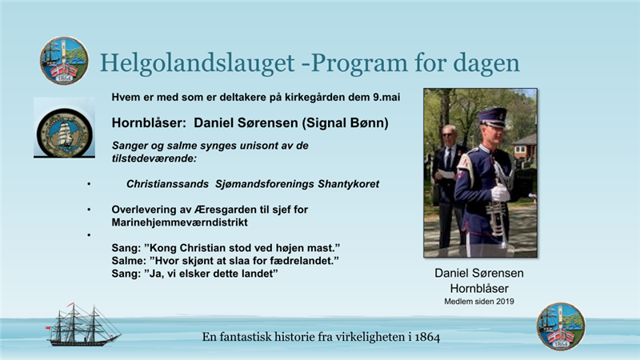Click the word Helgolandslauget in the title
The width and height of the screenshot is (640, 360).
coord(197,63)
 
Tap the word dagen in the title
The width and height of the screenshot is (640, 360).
coord(486,64)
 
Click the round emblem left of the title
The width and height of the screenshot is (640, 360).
coord(64,61)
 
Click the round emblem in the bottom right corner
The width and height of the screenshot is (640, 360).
coord(561,326)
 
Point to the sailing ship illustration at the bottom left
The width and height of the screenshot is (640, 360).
coord(83,325)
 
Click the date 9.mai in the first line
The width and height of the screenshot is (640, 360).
coord(386,97)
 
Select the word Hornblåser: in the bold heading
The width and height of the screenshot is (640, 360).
coord(149,123)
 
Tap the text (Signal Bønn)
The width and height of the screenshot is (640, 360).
coord(345,123)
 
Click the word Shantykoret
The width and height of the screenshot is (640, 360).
coord(349,184)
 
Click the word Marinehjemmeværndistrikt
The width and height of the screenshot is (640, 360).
coord(179,222)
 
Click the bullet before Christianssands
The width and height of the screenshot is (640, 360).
coord(89,185)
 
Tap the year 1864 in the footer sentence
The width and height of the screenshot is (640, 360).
coord(427,337)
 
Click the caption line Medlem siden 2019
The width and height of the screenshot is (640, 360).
coord(479,302)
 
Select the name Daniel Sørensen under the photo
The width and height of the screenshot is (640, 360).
coord(479,273)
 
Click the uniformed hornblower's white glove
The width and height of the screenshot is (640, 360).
coord(499,193)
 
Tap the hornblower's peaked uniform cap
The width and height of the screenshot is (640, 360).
coord(492,117)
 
